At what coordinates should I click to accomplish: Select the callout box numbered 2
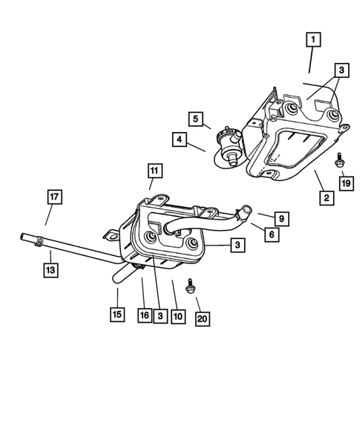(326, 197)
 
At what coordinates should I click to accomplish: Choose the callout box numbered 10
(177, 315)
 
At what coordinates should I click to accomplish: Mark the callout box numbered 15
(117, 315)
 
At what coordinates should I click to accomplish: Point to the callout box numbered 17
(54, 197)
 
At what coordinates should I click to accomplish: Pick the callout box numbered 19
(346, 183)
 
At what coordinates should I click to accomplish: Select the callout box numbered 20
(201, 318)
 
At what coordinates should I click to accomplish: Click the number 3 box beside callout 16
(160, 315)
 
